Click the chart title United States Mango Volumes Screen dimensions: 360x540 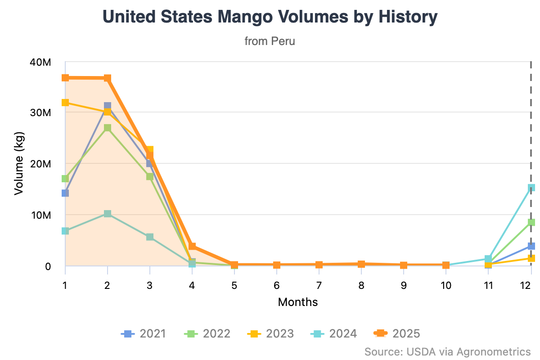[x=270, y=17]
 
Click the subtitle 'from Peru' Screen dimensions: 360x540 [x=270, y=41]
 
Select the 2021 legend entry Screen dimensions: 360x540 [x=144, y=333]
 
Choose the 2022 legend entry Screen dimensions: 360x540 [x=207, y=333]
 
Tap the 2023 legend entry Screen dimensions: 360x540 [x=271, y=333]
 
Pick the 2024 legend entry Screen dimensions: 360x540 [x=334, y=333]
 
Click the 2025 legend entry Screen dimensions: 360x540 [x=397, y=333]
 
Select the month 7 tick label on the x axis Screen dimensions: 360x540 [x=319, y=285]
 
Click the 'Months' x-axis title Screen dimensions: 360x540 [x=298, y=302]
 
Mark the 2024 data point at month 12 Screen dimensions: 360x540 [x=531, y=188]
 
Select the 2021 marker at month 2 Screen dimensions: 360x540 [x=108, y=106]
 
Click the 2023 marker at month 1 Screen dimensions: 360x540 [x=65, y=103]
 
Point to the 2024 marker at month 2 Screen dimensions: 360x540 [x=108, y=214]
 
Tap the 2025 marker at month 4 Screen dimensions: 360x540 [x=192, y=246]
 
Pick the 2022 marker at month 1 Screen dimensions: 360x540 [x=65, y=179]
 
